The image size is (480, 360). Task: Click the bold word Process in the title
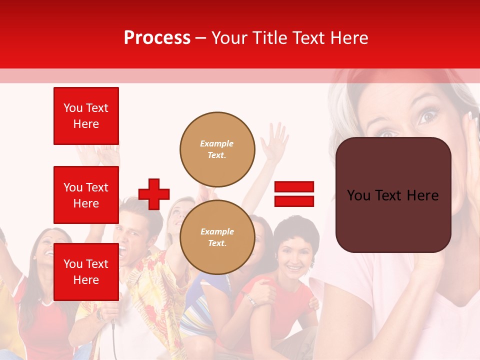click(157, 38)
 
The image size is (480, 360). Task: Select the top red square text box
click(86, 116)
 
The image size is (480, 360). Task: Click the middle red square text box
click(86, 195)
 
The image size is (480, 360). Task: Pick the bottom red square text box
click(86, 271)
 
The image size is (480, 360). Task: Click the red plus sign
click(154, 194)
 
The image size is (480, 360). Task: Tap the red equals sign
click(294, 194)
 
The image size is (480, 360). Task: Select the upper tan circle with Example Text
click(217, 149)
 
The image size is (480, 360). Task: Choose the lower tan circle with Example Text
click(217, 237)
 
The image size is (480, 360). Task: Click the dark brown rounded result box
click(393, 195)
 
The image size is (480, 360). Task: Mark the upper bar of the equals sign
click(294, 187)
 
